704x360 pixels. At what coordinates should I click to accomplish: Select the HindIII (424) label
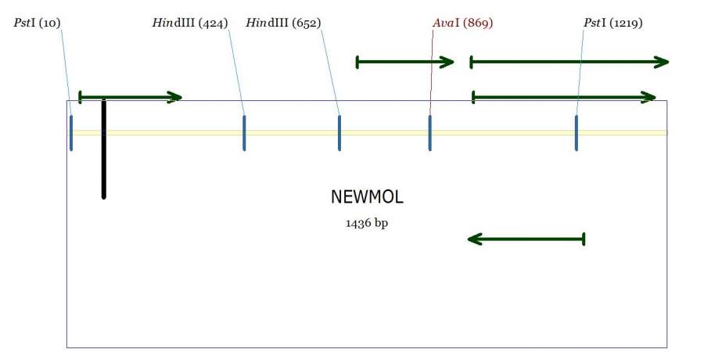click(189, 23)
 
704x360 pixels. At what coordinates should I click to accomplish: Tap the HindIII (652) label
click(283, 23)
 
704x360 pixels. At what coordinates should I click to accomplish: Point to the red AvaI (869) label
click(462, 23)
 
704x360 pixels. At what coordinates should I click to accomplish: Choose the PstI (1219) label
click(613, 23)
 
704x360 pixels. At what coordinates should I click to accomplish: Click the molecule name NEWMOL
click(367, 197)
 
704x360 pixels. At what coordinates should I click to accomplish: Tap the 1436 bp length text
click(367, 223)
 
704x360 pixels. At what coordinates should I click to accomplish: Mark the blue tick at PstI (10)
click(71, 132)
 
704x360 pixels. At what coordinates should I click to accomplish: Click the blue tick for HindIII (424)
click(244, 132)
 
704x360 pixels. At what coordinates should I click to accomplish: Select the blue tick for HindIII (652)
click(339, 132)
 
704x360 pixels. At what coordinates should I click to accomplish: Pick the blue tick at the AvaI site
click(429, 132)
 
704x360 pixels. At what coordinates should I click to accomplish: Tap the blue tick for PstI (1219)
click(576, 132)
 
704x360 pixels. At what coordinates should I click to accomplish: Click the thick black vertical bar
click(103, 149)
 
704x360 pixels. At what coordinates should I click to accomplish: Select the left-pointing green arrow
click(526, 239)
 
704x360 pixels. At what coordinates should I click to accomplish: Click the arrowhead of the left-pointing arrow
click(472, 239)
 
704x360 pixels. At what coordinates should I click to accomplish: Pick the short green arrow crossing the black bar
click(131, 97)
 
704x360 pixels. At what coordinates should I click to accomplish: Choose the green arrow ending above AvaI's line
click(404, 61)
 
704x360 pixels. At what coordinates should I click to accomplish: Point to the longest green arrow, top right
click(569, 61)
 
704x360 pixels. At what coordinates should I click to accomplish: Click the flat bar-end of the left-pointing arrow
click(584, 239)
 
